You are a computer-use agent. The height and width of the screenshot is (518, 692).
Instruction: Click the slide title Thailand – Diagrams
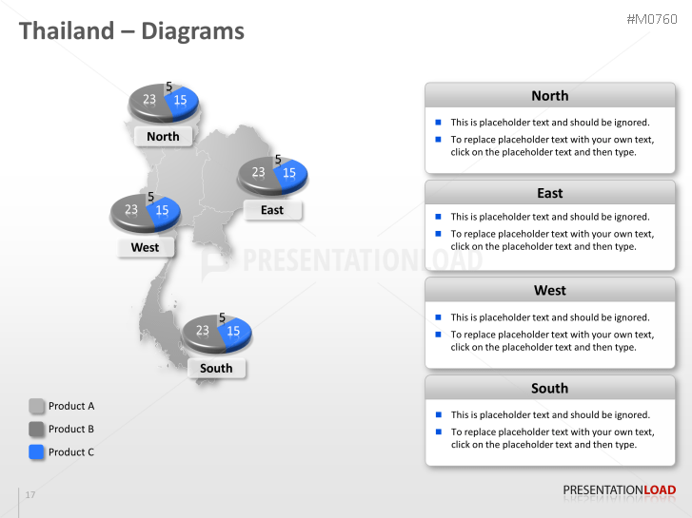[x=131, y=31]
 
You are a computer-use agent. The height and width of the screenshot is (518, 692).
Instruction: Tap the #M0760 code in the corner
[x=651, y=20]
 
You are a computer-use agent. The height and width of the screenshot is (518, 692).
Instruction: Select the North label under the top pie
[x=163, y=136]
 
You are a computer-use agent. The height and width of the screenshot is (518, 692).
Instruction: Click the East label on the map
[x=272, y=210]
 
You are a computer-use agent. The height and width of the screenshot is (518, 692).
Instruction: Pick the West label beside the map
[x=145, y=247]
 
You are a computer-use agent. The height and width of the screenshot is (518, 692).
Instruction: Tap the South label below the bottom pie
[x=216, y=368]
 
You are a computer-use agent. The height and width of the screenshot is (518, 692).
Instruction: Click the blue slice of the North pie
[x=183, y=99]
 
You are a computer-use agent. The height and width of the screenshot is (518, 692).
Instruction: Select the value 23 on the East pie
[x=258, y=173]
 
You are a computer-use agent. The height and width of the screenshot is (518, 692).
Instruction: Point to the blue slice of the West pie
[x=164, y=210]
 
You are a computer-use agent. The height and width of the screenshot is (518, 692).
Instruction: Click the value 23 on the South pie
[x=202, y=331]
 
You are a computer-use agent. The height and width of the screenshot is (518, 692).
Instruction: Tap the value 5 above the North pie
[x=169, y=86]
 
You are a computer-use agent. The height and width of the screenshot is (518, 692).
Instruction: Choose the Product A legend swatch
[x=37, y=406]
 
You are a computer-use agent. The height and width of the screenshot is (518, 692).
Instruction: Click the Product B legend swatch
[x=37, y=429]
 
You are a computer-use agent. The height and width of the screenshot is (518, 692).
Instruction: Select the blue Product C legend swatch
[x=37, y=452]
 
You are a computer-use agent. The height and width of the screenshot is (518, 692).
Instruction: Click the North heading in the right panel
[x=549, y=96]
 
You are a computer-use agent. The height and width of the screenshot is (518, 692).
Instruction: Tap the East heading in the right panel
[x=549, y=193]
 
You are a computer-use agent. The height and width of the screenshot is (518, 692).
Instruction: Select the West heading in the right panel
[x=549, y=291]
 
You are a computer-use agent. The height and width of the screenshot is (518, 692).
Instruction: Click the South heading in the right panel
[x=549, y=388]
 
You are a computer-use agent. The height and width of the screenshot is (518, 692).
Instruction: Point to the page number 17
[x=30, y=495]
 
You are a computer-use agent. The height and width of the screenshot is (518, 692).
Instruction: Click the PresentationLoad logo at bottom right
[x=619, y=490]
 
